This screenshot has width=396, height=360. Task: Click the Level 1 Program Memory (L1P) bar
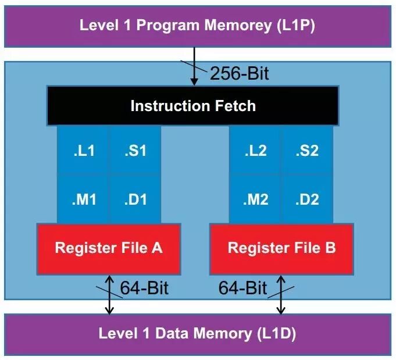(x=197, y=26)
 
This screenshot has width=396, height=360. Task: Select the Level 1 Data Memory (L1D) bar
(x=197, y=334)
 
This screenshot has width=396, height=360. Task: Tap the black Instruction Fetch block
(x=192, y=106)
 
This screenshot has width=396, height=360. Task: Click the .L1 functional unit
(x=84, y=151)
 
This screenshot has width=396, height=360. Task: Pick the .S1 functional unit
(x=135, y=151)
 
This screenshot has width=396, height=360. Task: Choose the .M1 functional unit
(x=84, y=199)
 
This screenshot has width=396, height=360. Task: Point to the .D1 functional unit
(x=135, y=199)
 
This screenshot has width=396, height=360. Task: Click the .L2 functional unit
(x=255, y=151)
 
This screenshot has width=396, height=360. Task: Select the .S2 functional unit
(x=306, y=151)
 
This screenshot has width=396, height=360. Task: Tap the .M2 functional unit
(x=255, y=199)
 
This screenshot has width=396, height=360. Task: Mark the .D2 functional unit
(x=306, y=199)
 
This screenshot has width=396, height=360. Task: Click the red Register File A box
(x=109, y=248)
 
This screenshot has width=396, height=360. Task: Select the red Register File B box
(x=281, y=248)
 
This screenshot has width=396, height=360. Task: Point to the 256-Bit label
(x=239, y=74)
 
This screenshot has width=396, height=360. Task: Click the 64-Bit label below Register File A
(x=144, y=288)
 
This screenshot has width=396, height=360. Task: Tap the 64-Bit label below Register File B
(x=242, y=288)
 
